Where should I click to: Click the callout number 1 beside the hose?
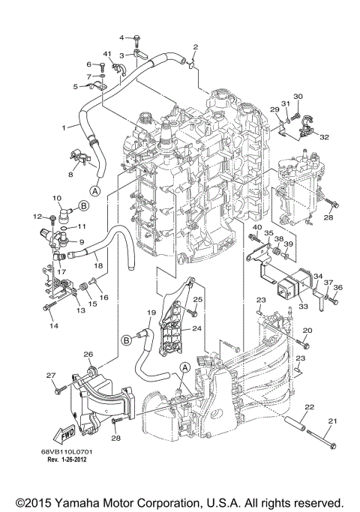click(x=64, y=127)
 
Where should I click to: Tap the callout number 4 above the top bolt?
click(x=121, y=36)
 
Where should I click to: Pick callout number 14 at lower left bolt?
click(x=54, y=327)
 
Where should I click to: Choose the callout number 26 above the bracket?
click(x=88, y=354)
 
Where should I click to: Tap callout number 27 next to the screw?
click(x=51, y=375)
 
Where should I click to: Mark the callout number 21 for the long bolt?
click(x=333, y=421)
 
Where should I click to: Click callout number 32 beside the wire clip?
click(x=323, y=137)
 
